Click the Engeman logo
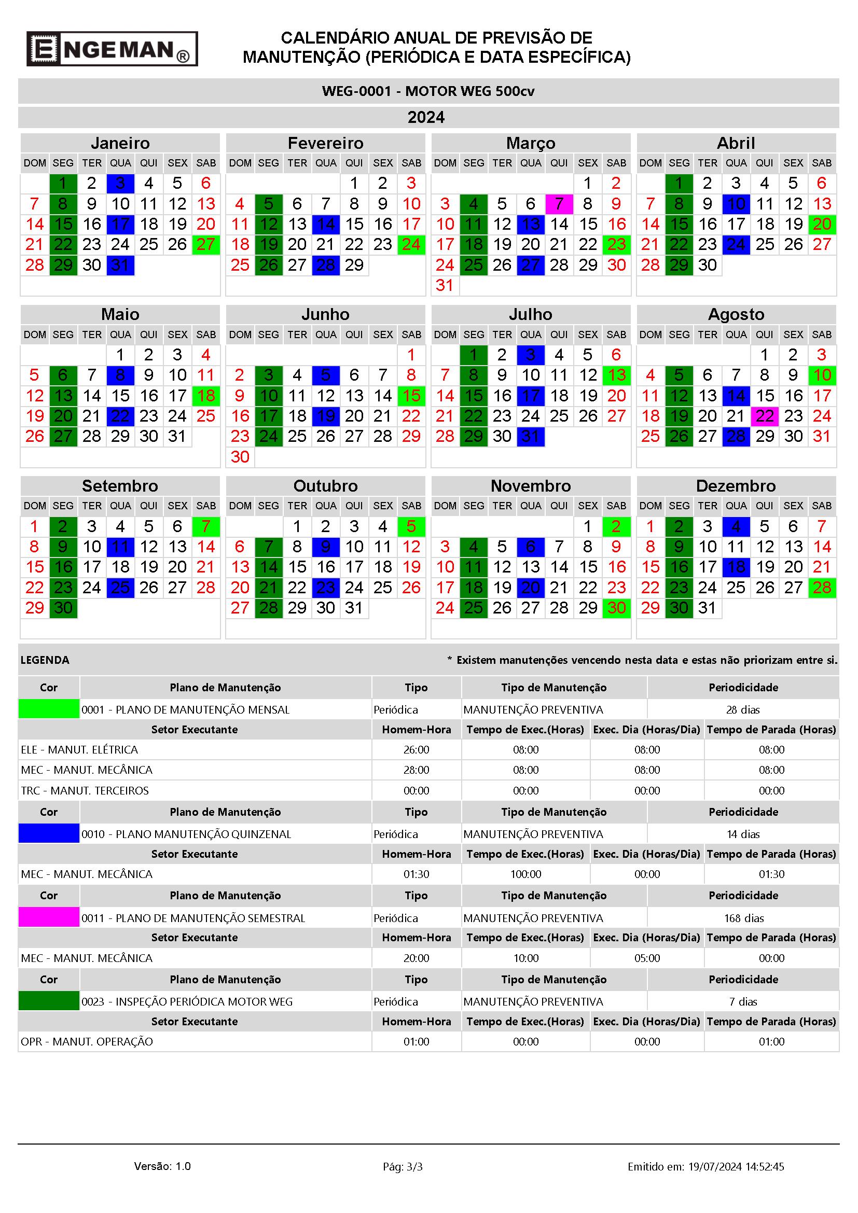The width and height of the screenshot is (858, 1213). (x=112, y=49)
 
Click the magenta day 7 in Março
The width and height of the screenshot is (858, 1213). (x=559, y=204)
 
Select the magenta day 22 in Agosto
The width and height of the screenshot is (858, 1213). (x=765, y=416)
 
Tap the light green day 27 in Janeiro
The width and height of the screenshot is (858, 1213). (x=205, y=245)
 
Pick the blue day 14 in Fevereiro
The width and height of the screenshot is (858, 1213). (x=325, y=225)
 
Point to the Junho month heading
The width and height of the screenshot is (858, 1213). (x=325, y=314)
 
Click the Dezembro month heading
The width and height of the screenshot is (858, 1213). (x=736, y=485)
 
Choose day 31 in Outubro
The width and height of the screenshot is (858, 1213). (x=354, y=608)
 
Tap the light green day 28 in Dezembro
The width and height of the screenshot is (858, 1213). (x=822, y=588)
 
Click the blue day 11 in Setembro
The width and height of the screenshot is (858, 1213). (x=120, y=547)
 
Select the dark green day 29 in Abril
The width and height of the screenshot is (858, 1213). (x=679, y=265)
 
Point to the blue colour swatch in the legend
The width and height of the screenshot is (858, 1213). (x=49, y=833)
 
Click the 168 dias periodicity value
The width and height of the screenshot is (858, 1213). (x=743, y=918)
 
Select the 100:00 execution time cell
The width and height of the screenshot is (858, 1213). (x=525, y=874)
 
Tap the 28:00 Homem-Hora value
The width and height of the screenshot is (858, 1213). (x=417, y=770)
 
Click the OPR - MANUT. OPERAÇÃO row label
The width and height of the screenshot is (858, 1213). (x=87, y=1042)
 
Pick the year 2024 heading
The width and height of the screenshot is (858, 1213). (x=426, y=117)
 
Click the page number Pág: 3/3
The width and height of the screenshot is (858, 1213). (x=403, y=1166)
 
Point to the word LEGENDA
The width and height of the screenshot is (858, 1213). (x=45, y=660)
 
